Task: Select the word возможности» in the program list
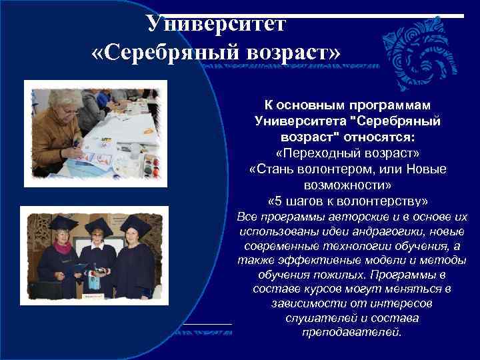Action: pos(347,185)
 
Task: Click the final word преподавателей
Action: pos(351,332)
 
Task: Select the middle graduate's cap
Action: pos(99,224)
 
